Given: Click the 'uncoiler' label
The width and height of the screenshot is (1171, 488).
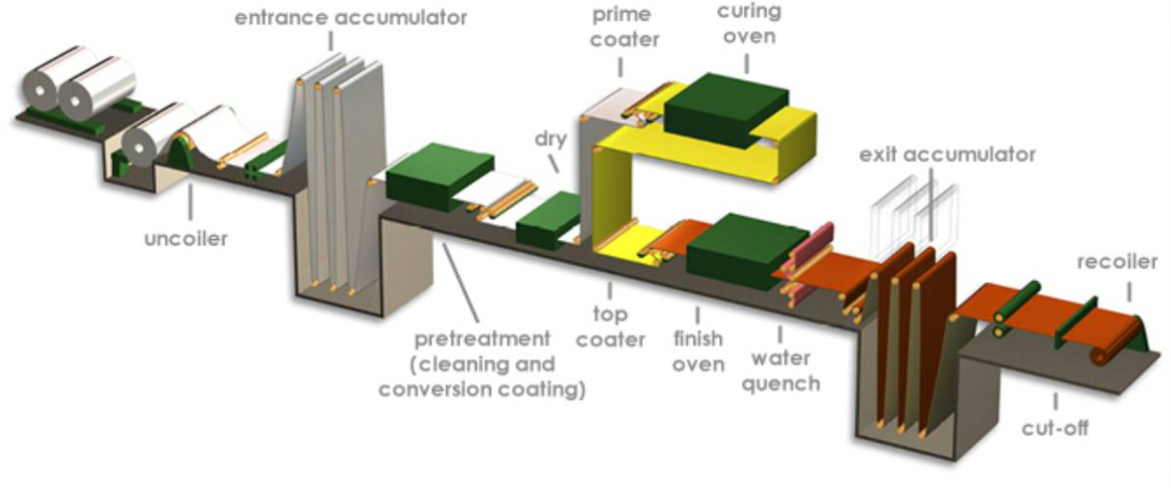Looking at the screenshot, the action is click(x=185, y=238).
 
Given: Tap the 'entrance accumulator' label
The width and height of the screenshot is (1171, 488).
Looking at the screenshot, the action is click(x=350, y=18).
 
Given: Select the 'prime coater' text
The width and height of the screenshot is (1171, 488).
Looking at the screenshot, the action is click(x=625, y=26).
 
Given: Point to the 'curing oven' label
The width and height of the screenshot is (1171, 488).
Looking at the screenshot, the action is click(x=749, y=23).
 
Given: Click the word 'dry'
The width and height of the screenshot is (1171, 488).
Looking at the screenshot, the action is click(x=551, y=140).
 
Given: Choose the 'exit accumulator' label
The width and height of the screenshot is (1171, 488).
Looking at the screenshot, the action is click(x=948, y=154).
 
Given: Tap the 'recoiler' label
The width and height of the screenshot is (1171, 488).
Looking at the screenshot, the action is click(x=1117, y=262).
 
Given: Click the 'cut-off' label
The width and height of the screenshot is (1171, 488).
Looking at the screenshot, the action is click(x=1055, y=427).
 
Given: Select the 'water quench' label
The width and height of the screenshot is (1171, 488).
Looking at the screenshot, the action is click(x=781, y=371).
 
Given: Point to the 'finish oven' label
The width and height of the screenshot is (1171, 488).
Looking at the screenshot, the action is click(x=698, y=351).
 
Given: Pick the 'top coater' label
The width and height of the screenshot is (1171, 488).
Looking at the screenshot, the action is click(x=611, y=327).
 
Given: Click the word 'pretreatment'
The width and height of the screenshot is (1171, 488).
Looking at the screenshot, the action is click(x=482, y=339).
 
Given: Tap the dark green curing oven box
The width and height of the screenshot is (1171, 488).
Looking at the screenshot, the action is click(x=727, y=110).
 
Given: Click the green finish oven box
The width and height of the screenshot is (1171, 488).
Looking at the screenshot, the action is click(x=747, y=251).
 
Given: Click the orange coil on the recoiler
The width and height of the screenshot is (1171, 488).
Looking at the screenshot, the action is click(x=1116, y=343).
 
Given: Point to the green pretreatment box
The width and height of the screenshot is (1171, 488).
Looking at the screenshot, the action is click(x=440, y=177).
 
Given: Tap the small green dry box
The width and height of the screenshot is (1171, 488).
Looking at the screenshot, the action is click(x=548, y=220).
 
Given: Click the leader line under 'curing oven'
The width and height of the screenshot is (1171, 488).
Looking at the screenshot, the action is click(x=747, y=63).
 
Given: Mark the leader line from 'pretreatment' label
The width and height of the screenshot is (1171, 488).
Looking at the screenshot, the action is click(x=461, y=282).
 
